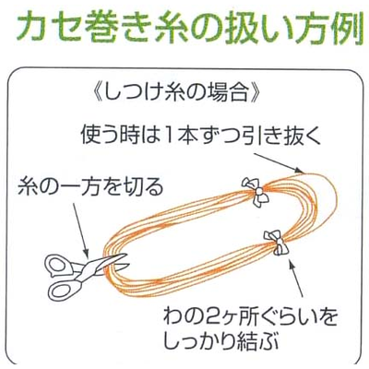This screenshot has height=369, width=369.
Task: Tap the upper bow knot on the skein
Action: pos(256,192)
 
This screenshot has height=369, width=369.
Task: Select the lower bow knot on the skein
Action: pos(278,243)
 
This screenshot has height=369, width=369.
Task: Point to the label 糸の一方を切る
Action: pos(90,187)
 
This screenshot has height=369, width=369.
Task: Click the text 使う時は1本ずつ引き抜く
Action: pos(200,135)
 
